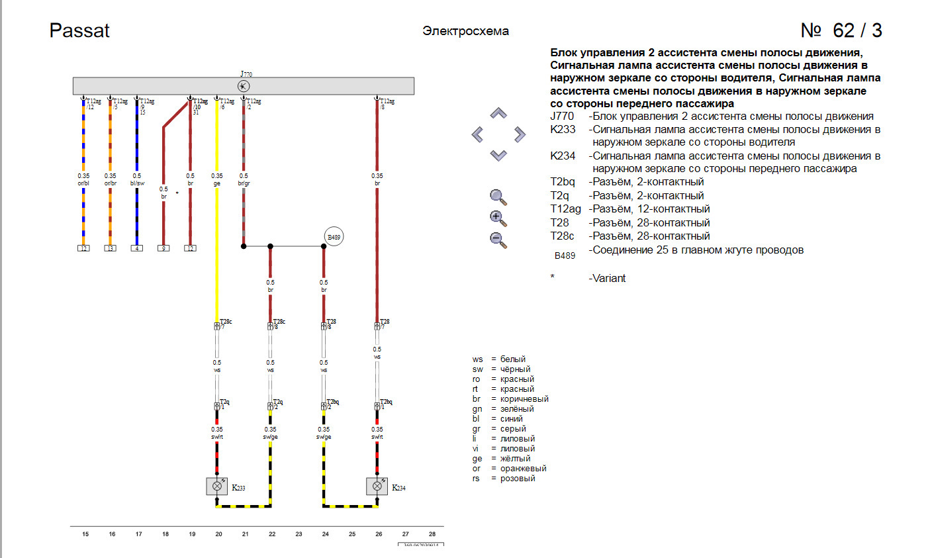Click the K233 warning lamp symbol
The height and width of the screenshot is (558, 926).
(x=216, y=487)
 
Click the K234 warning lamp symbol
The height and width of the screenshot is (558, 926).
(x=377, y=487)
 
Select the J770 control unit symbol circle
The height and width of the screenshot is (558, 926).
(x=244, y=86)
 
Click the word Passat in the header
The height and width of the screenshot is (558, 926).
(x=79, y=30)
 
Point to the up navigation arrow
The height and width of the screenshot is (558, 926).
(x=498, y=114)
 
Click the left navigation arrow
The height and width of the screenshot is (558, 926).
(x=478, y=135)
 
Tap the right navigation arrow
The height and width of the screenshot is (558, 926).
(x=520, y=135)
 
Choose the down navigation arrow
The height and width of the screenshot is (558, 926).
(x=498, y=156)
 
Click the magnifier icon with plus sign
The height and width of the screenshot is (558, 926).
(x=498, y=218)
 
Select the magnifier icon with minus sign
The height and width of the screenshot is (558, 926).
(x=498, y=240)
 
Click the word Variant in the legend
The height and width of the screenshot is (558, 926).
(x=607, y=278)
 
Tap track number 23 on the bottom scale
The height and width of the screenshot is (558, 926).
(x=299, y=534)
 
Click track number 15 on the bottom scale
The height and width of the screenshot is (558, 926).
(x=85, y=534)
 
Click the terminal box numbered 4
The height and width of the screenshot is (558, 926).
(x=137, y=249)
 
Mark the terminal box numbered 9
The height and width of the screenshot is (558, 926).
(x=163, y=249)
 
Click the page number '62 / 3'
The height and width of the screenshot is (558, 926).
(x=841, y=30)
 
